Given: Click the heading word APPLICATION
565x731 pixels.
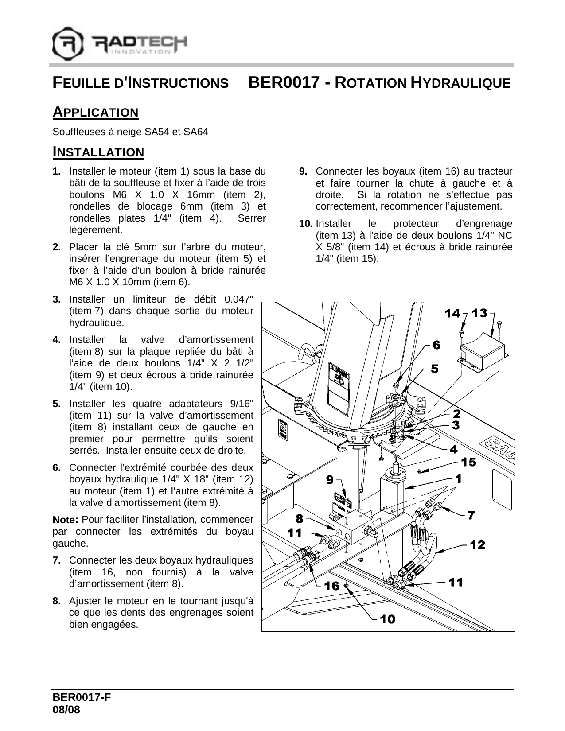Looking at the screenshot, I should tap(96, 112).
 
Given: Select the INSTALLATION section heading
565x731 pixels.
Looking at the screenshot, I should tap(98, 152).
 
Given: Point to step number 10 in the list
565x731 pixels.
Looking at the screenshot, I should tap(306, 224).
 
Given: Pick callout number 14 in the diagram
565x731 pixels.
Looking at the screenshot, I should tap(452, 314).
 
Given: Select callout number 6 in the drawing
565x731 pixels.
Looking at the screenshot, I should tap(436, 345).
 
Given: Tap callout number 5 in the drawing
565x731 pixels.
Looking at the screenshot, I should tap(435, 368).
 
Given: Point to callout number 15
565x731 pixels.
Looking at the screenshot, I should tap(469, 462).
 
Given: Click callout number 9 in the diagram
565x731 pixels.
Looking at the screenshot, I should tap(330, 479).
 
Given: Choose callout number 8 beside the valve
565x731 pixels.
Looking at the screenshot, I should tap(300, 518).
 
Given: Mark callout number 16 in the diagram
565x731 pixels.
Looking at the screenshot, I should tap(331, 586).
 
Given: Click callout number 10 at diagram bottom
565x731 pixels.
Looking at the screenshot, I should tap(387, 619).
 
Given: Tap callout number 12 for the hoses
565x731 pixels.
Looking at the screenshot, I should tap(478, 545).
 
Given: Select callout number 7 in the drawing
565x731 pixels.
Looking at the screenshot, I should tap(471, 515).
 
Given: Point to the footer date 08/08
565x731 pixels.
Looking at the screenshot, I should tap(66, 710).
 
